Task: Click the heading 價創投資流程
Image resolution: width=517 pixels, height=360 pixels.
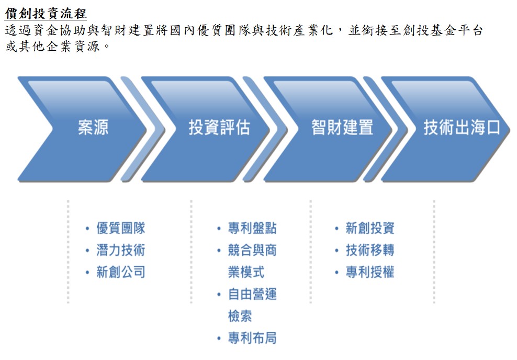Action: click(46, 13)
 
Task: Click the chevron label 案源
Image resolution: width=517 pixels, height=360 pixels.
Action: click(93, 128)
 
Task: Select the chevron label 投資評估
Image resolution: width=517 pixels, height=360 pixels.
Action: click(219, 128)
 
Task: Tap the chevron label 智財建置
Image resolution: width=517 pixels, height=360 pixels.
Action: click(342, 128)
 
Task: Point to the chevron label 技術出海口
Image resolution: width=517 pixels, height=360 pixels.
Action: click(462, 128)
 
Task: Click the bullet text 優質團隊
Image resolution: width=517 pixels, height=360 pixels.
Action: click(121, 228)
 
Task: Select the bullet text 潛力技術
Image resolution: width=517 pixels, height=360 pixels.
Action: click(121, 250)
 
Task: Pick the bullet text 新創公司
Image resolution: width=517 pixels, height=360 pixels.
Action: click(121, 272)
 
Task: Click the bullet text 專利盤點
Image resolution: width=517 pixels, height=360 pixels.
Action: click(252, 228)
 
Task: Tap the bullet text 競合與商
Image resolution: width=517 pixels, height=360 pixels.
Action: click(252, 250)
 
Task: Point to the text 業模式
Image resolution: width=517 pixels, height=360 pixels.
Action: click(246, 272)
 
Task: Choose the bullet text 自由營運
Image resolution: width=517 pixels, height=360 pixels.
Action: click(252, 294)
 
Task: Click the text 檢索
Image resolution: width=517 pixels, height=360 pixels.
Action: click(240, 316)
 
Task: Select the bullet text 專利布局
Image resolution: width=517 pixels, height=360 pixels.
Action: click(252, 338)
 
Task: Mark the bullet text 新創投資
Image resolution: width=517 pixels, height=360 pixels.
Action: click(370, 228)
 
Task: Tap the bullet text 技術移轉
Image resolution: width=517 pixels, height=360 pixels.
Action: click(370, 250)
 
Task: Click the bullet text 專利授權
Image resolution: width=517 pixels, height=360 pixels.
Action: click(370, 272)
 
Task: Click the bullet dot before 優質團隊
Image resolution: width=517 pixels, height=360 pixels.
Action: click(87, 229)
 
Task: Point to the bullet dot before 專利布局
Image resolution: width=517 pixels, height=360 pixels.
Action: click(219, 339)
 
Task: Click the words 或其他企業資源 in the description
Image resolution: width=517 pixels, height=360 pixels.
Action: click(53, 47)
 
